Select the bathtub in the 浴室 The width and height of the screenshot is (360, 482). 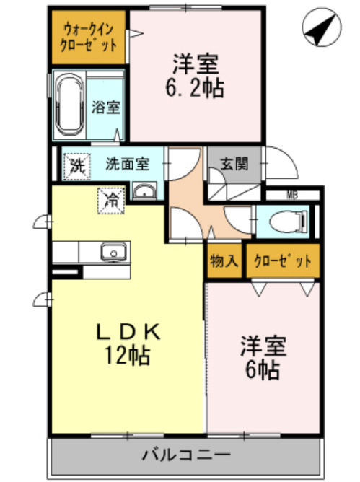pos(70,105)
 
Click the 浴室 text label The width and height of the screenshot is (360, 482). pos(106,108)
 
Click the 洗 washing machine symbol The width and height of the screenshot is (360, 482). pos(76,164)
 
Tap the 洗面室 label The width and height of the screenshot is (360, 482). pos(127,163)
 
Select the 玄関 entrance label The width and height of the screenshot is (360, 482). pos(226,163)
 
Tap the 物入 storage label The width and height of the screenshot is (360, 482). pos(223,260)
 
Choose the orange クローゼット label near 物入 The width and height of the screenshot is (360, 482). pos(283,260)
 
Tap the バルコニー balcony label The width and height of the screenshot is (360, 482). pos(185,455)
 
